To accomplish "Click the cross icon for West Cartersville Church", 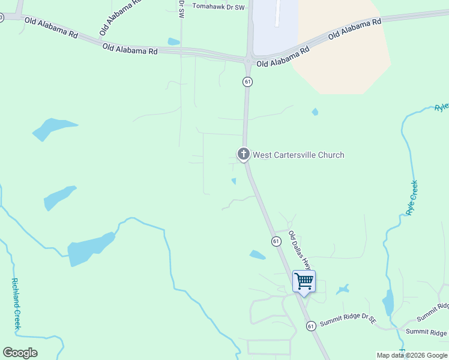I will (244, 154).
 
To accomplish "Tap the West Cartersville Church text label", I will (298, 155).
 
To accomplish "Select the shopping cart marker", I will (304, 281).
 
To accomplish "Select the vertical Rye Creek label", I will (412, 198).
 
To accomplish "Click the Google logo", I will (20, 353).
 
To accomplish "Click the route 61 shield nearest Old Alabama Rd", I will (247, 81).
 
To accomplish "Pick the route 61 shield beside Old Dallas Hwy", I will (276, 241).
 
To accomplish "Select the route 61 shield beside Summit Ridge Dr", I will (310, 326).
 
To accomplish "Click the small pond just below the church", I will (234, 181).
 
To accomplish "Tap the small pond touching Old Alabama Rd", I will (173, 42).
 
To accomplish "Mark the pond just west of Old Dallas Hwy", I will (258, 255).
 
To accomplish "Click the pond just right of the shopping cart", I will (343, 290).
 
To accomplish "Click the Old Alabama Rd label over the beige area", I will (354, 29).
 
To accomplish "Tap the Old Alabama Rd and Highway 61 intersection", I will (248, 59).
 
